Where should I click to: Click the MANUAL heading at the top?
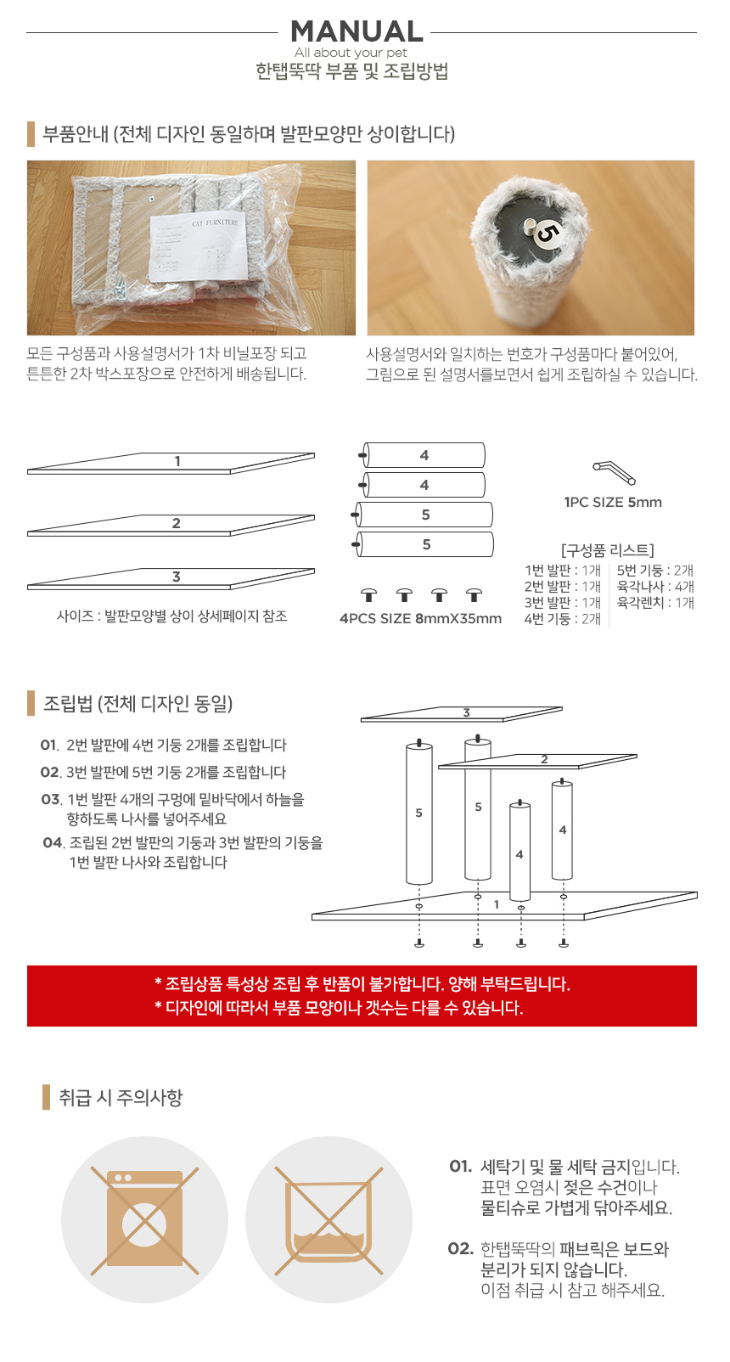pyautogui.click(x=357, y=31)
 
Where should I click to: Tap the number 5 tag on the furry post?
pyautogui.click(x=546, y=232)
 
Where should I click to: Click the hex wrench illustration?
pyautogui.click(x=614, y=471)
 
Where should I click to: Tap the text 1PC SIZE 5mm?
pyautogui.click(x=613, y=502)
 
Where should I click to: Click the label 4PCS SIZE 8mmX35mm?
pyautogui.click(x=420, y=618)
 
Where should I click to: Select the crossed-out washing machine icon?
pyautogui.click(x=144, y=1219)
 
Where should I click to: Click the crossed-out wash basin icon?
pyautogui.click(x=329, y=1219)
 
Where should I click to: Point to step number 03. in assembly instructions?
pyautogui.click(x=51, y=799)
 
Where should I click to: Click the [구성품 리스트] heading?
pyautogui.click(x=607, y=550)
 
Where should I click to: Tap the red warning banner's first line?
pyautogui.click(x=362, y=984)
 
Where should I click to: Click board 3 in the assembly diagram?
pyautogui.click(x=463, y=713)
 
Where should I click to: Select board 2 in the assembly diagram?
pyautogui.click(x=543, y=760)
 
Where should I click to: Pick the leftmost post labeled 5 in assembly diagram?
pyautogui.click(x=418, y=813)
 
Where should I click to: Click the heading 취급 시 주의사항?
pyautogui.click(x=121, y=1097)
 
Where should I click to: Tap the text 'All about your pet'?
pyautogui.click(x=351, y=53)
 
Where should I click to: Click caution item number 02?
pyautogui.click(x=461, y=1248)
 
